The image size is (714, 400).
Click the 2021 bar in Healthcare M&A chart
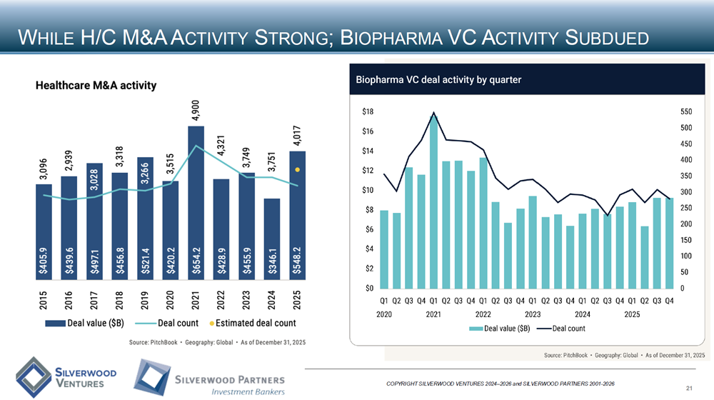tap(196, 207)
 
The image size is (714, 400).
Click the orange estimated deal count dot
tap(298, 170)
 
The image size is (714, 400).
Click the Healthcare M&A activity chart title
tap(96, 85)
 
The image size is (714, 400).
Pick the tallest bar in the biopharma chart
tap(433, 204)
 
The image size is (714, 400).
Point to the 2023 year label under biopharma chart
tap(532, 314)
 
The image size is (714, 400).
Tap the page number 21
tap(689, 388)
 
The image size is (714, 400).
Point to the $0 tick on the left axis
tap(370, 289)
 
